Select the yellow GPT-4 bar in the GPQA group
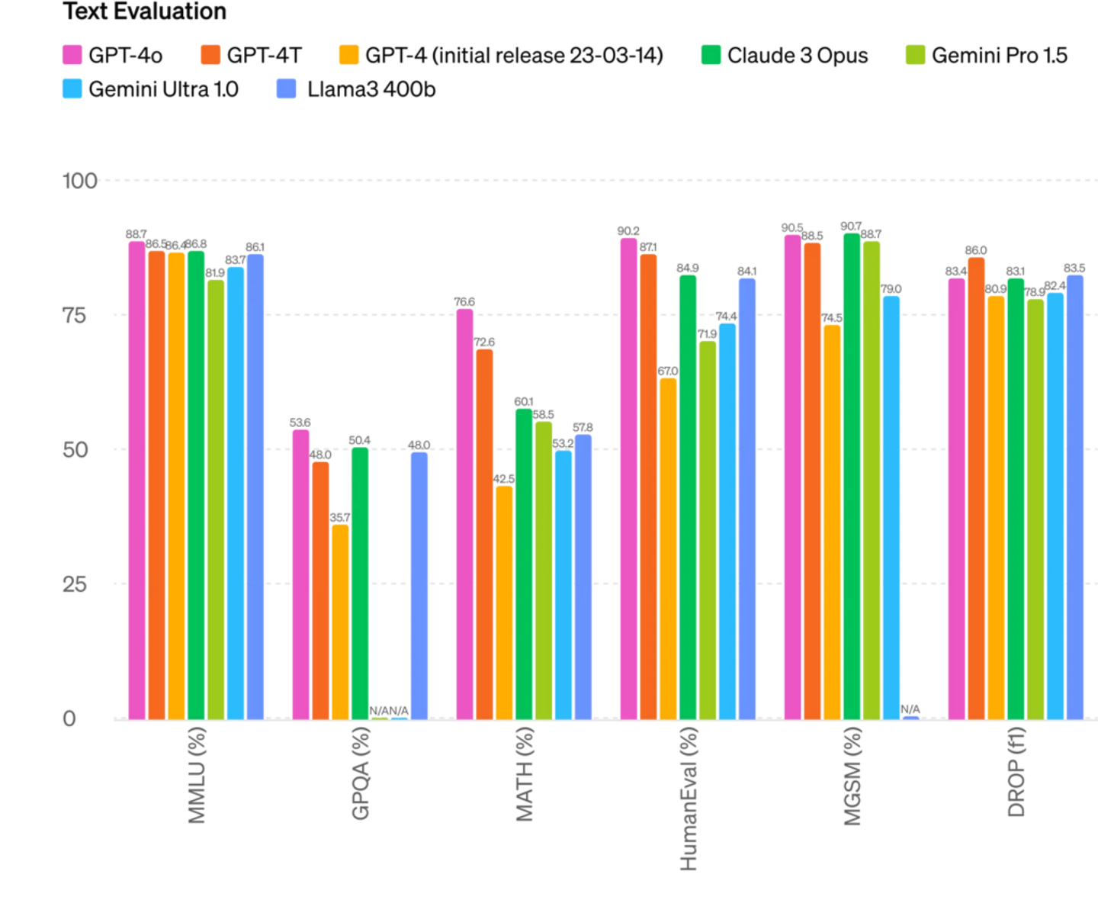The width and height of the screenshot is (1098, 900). [340, 621]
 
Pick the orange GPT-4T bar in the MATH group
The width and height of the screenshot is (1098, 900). [485, 533]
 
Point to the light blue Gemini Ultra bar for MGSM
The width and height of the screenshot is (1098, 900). [891, 506]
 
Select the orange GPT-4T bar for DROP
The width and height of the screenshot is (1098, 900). [976, 487]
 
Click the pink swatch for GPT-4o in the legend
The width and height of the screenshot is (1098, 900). [72, 55]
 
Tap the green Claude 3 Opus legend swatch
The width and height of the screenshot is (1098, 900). [711, 55]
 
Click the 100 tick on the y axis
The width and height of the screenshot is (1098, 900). [79, 182]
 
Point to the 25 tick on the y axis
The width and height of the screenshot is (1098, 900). [75, 584]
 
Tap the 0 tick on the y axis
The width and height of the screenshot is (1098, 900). [70, 718]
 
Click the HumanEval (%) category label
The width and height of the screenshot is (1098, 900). [688, 798]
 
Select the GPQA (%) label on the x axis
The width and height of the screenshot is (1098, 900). [361, 773]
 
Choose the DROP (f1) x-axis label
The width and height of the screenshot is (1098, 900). [1016, 772]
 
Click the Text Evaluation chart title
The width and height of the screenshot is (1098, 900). [145, 12]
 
